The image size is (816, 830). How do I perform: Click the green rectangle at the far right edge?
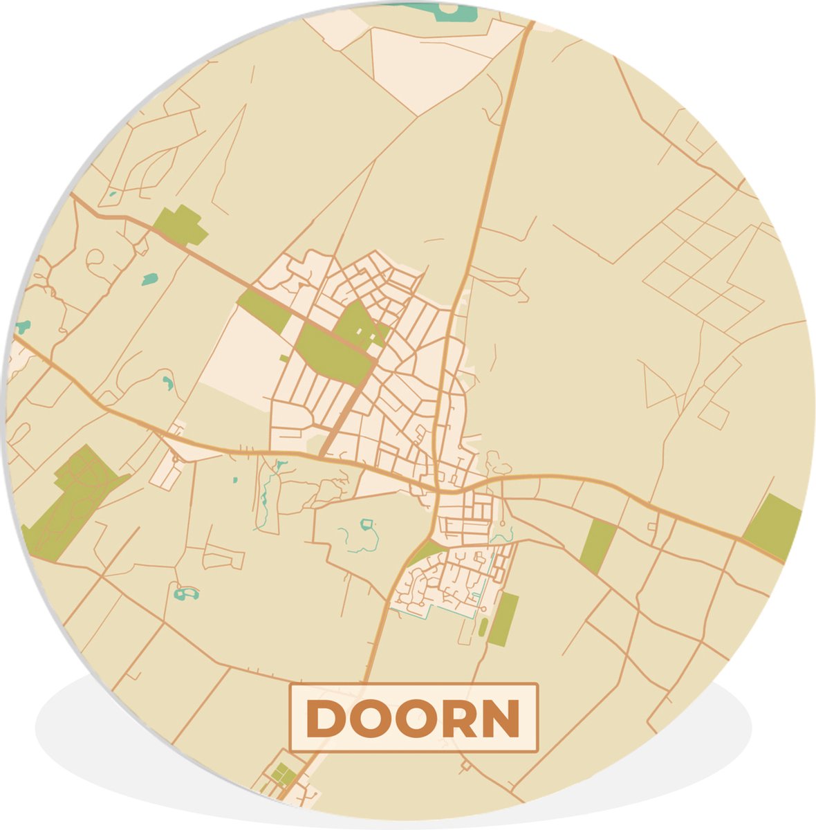(773, 527)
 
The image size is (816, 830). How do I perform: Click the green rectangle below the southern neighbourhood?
(503, 619)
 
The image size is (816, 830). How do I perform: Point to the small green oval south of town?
(483, 627)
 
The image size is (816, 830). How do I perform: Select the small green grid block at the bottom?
(281, 773)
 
